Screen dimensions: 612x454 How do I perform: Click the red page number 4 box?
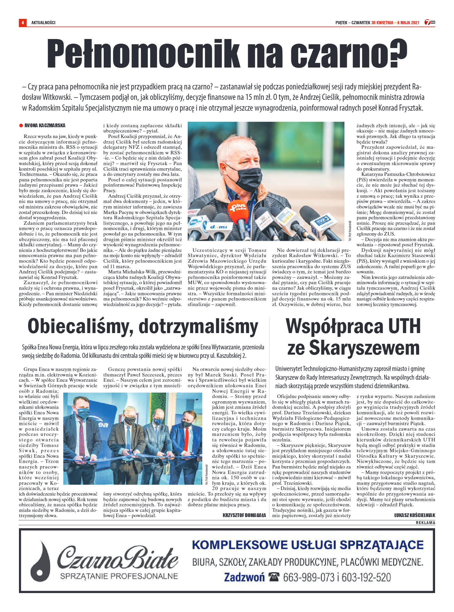click(x=22, y=22)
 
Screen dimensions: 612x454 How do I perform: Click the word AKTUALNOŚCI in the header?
click(x=43, y=22)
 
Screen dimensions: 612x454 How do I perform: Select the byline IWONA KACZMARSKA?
click(x=45, y=125)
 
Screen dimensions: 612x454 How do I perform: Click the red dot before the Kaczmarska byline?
click(x=21, y=125)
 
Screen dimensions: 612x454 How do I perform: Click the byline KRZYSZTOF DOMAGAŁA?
click(x=244, y=515)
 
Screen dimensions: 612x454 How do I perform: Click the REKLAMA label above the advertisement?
click(x=425, y=523)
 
